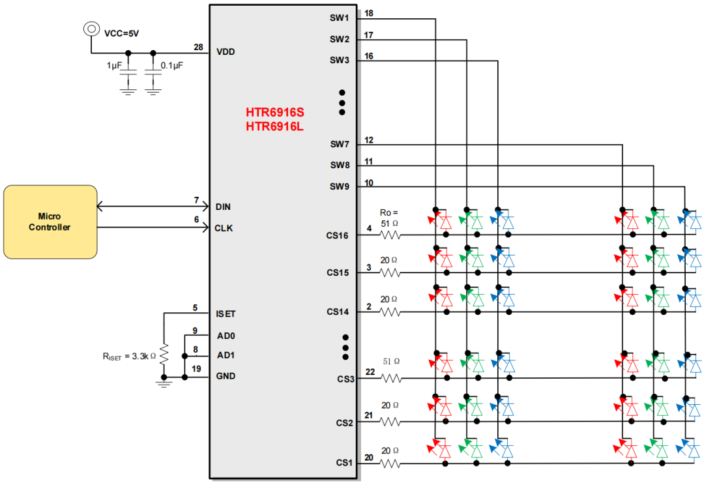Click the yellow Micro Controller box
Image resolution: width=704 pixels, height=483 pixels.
pos(50,222)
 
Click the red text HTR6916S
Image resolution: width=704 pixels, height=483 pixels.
pos(274,112)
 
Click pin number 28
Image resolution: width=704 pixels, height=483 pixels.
pos(199,47)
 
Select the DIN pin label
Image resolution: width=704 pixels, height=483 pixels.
pos(222,207)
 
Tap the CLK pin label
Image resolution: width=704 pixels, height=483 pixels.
pos(224,228)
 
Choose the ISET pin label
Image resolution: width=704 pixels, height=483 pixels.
pos(226,314)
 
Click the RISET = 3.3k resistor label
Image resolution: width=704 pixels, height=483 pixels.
pos(128,357)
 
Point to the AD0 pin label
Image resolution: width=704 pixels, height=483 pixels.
pos(225,336)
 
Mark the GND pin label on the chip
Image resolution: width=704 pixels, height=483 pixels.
pos(226,376)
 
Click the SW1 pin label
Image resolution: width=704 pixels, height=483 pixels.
pos(340,18)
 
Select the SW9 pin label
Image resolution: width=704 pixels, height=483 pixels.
pos(340,186)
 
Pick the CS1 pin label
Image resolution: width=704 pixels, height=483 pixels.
pos(344,463)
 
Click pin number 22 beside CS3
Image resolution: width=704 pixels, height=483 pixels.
pos(370,372)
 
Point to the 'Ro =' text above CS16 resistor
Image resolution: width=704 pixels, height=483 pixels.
pos(389,212)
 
